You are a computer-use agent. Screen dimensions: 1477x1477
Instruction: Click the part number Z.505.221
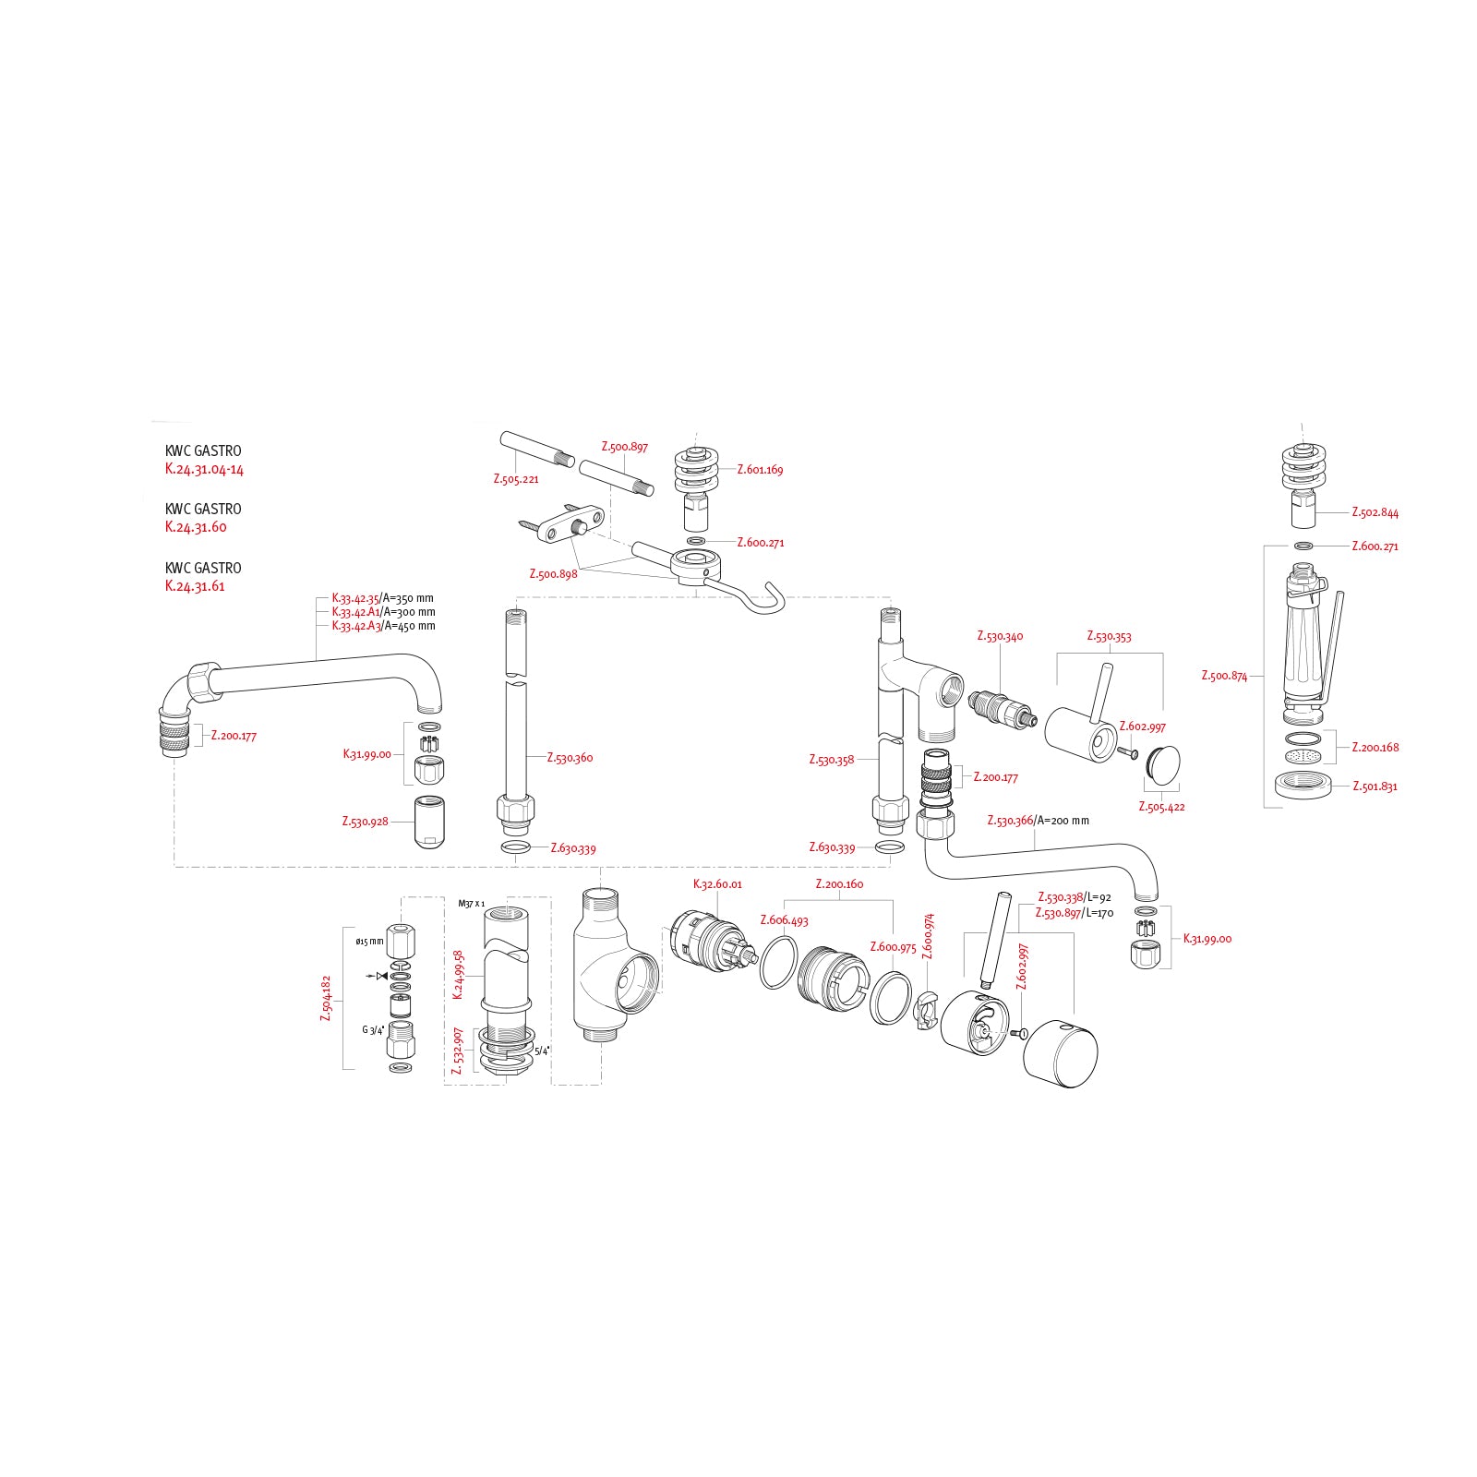(515, 479)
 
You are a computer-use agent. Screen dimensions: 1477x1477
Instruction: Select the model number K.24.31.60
(196, 527)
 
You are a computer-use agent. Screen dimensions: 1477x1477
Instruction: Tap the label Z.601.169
(760, 470)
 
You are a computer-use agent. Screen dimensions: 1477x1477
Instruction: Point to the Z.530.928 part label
(366, 822)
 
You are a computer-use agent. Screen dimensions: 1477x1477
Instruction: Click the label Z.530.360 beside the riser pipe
(570, 758)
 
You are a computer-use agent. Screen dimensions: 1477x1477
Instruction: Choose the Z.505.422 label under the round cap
(1161, 807)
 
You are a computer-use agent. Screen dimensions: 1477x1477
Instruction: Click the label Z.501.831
(1375, 787)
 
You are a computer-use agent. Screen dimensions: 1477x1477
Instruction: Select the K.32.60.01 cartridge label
(717, 884)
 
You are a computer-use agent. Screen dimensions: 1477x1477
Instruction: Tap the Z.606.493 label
(784, 920)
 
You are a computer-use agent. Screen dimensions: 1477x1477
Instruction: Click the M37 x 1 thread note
(471, 904)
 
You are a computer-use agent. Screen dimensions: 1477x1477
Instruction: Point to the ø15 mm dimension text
(369, 942)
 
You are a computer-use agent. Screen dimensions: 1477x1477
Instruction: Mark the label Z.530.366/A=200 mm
(1038, 821)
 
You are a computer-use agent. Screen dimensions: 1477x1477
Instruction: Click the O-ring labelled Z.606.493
(779, 963)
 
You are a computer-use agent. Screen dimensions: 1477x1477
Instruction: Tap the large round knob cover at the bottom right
(1062, 1054)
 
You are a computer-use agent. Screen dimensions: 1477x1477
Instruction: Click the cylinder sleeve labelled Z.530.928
(429, 821)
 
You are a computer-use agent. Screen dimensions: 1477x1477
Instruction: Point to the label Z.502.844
(1375, 512)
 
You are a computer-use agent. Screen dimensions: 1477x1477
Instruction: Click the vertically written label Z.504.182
(326, 998)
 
